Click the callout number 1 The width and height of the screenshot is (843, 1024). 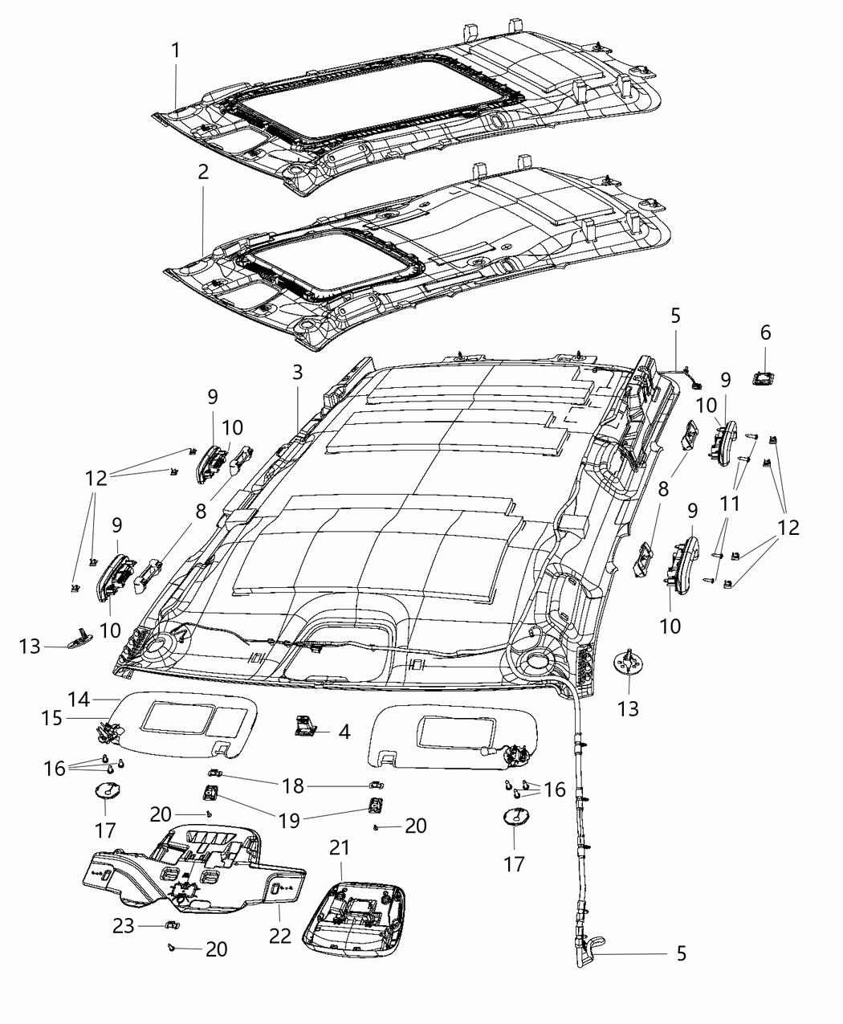175,51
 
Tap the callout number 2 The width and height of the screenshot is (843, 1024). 202,173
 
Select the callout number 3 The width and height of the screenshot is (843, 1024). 297,372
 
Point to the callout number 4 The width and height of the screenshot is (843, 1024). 344,732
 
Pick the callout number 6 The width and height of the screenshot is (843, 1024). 765,332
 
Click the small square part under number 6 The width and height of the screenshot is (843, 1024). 764,377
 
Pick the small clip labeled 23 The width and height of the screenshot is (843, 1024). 169,926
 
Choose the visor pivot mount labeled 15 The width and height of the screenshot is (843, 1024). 104,731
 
